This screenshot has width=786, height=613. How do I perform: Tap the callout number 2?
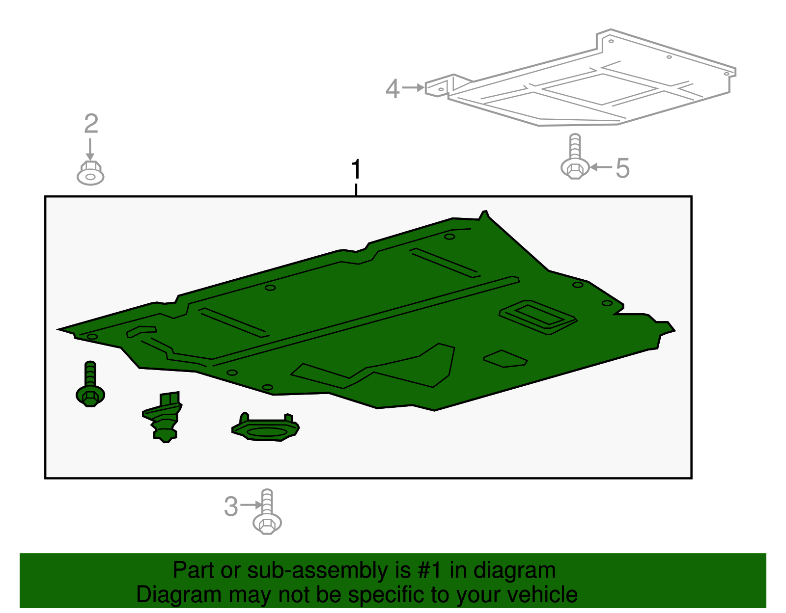click(91, 124)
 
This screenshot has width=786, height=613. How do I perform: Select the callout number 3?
click(231, 506)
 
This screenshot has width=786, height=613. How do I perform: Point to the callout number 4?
click(393, 89)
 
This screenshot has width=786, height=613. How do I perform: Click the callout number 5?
click(623, 168)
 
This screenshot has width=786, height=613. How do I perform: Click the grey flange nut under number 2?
click(90, 173)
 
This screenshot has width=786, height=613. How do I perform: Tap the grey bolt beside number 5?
click(575, 157)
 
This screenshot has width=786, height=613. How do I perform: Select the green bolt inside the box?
click(90, 384)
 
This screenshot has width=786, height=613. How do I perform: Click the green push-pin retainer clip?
click(163, 417)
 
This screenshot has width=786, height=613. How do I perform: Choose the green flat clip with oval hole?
click(265, 427)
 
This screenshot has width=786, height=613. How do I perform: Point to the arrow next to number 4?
click(413, 87)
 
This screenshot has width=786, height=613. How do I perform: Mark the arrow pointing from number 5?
click(601, 167)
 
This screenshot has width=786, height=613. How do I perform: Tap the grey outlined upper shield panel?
click(581, 78)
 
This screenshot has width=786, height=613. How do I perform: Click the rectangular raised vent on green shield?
click(538, 317)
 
